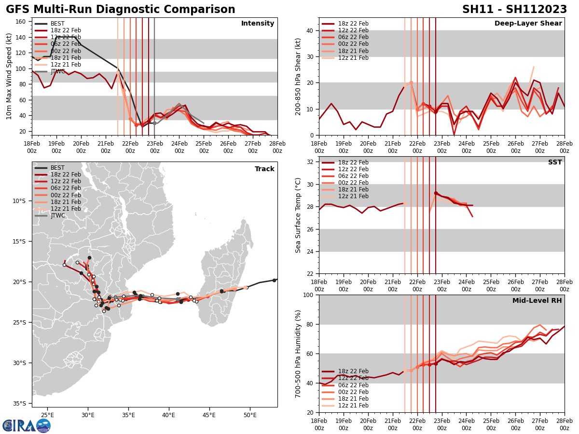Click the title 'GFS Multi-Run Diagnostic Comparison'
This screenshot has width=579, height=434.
point(121,10)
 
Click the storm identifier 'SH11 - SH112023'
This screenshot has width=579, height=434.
point(514,10)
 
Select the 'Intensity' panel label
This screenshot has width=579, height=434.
point(258,24)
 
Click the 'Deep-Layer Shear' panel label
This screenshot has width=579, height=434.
point(528,24)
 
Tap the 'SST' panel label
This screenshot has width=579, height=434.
point(555,163)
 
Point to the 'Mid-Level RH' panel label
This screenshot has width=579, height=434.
point(537,301)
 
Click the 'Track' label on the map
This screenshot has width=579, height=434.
point(264,169)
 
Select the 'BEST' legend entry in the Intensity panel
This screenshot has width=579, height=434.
point(57,24)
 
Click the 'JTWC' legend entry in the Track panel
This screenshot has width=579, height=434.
point(57,216)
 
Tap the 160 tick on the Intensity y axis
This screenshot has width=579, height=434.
point(21,22)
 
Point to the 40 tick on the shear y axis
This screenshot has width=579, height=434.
point(309,31)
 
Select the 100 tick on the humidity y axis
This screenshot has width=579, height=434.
point(307,295)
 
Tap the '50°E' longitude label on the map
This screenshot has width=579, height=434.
point(249,415)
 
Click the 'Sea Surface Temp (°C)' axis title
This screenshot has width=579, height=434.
point(299,215)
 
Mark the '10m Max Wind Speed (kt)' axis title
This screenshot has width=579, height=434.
point(9,76)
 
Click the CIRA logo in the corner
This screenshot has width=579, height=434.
point(27,426)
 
